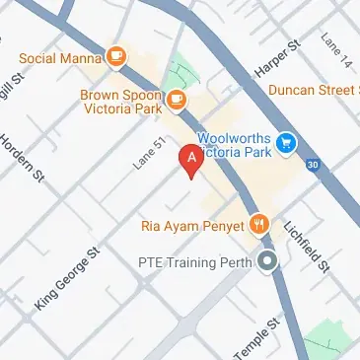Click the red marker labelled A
pyautogui.click(x=188, y=161)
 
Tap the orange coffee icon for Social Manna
pyautogui.click(x=117, y=56)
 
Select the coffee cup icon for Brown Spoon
pyautogui.click(x=177, y=99)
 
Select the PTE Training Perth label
pyautogui.click(x=193, y=264)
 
